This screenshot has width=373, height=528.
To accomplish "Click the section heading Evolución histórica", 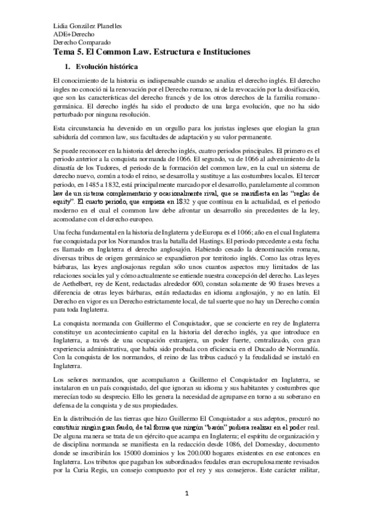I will pos(103,67).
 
